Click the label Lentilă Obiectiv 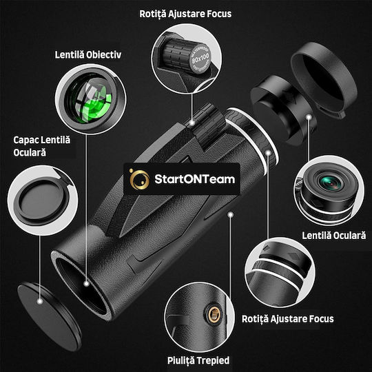point(88,54)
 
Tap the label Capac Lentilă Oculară point(42,145)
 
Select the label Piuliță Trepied point(198,360)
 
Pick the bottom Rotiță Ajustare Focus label point(288,318)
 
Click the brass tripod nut point(213,314)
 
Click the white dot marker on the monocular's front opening point(86,281)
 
